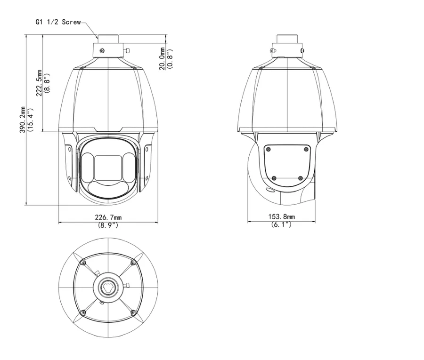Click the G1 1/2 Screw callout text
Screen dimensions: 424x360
[x=58, y=22]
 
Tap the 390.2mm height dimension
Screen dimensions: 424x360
[x=23, y=120]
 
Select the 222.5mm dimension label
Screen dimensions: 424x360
[x=40, y=83]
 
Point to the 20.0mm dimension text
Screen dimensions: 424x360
[x=162, y=59]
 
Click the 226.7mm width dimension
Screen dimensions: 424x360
[x=108, y=217]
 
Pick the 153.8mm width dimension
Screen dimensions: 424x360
[x=282, y=216]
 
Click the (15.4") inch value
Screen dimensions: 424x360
[x=30, y=120]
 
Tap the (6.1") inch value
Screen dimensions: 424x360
[x=282, y=224]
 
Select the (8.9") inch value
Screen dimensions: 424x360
[x=108, y=224]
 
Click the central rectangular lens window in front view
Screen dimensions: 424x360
[x=108, y=168]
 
